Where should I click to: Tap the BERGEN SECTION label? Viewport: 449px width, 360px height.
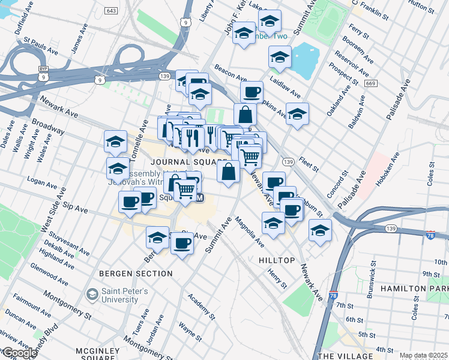(137, 274)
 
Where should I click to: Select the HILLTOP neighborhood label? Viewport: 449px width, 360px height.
(277, 260)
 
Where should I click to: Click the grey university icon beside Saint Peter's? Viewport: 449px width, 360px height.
(92, 294)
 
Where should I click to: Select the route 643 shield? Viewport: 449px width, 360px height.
(110, 11)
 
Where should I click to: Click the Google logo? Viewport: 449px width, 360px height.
(19, 353)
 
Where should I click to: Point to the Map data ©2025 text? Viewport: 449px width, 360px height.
(423, 355)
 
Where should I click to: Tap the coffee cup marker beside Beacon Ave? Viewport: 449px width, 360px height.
(252, 92)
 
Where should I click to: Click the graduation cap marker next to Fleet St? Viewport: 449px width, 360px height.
(297, 114)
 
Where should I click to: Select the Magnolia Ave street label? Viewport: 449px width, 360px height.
(249, 232)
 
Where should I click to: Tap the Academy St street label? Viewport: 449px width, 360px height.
(200, 306)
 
